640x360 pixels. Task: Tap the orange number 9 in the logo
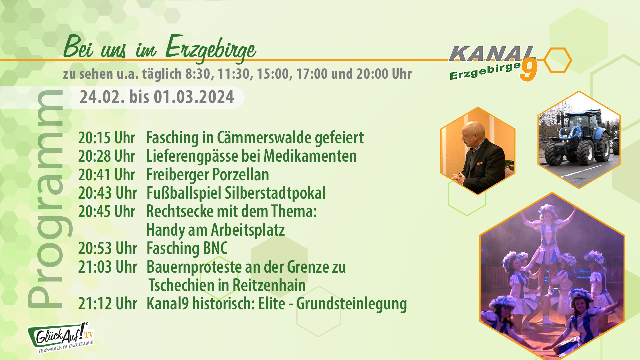[529, 70]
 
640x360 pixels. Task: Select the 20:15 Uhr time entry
[107, 138]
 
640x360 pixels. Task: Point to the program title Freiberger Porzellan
[207, 175]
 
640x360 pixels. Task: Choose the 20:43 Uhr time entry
[108, 193]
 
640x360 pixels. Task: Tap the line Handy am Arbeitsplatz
[215, 230]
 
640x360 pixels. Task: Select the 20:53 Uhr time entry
[108, 248]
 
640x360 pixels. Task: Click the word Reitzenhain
[269, 285]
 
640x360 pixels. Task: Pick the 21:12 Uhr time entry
[108, 304]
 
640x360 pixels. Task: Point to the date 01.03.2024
[194, 97]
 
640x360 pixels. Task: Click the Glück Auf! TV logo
[61, 337]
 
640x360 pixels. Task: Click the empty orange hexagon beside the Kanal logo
[558, 60]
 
